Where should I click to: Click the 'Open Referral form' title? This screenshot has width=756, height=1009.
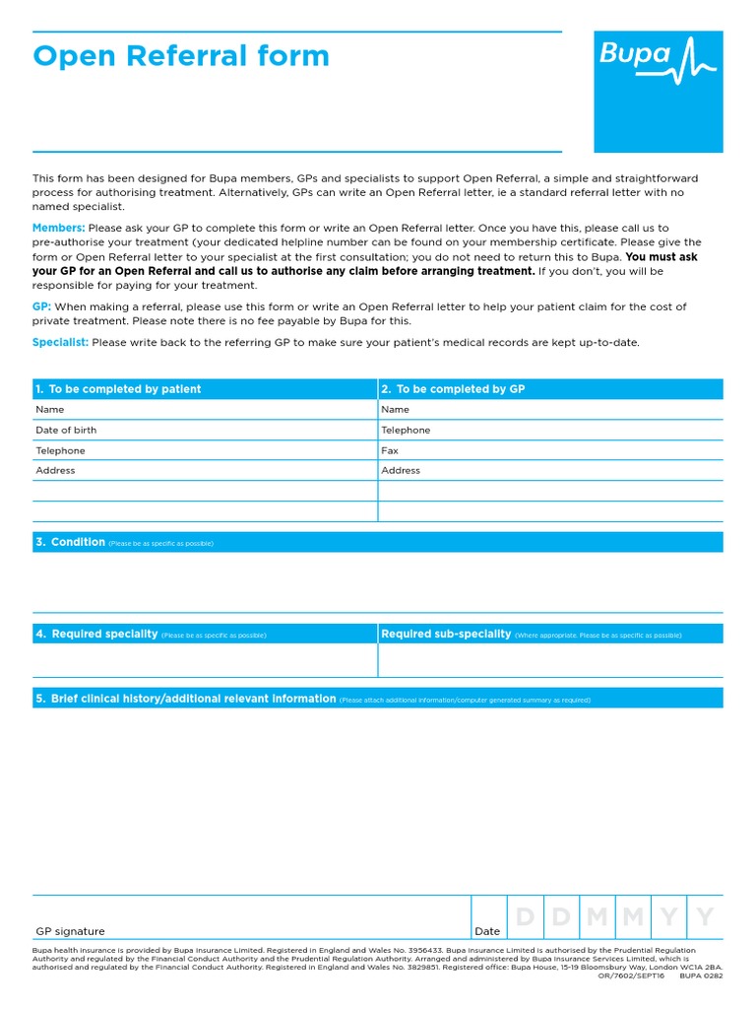[181, 56]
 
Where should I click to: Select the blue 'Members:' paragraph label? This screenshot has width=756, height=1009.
[59, 228]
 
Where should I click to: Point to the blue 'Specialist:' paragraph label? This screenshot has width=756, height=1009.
[61, 342]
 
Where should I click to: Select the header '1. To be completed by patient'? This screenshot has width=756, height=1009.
[118, 389]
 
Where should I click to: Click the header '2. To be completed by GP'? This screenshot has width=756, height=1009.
[453, 389]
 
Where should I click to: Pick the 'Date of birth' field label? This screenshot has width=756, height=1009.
[66, 431]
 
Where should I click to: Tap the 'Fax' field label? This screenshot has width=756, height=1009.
[390, 450]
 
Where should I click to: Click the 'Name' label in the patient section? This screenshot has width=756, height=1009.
[50, 410]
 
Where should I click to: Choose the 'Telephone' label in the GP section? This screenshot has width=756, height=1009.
[406, 431]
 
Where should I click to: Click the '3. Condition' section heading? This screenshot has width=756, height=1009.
[71, 542]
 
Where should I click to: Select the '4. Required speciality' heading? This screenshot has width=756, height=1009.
[97, 635]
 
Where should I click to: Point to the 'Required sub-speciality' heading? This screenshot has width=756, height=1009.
[446, 635]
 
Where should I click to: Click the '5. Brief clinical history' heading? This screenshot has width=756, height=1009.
[186, 699]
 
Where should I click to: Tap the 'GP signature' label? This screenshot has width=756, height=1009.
[70, 931]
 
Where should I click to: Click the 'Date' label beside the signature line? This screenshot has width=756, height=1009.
[487, 931]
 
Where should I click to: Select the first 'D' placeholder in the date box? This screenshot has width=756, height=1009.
[525, 917]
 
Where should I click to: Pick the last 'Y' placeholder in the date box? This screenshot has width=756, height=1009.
[705, 917]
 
